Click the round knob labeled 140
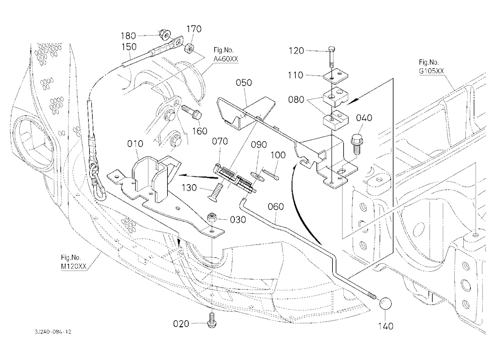[385, 303]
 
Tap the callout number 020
[181, 324]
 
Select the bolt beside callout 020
[212, 320]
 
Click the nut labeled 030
[211, 218]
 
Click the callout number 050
[244, 83]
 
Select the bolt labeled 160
[190, 113]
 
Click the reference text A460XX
[226, 59]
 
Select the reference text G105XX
[431, 71]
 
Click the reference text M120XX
[73, 267]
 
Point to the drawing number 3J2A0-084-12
[53, 332]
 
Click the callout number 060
[275, 207]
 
